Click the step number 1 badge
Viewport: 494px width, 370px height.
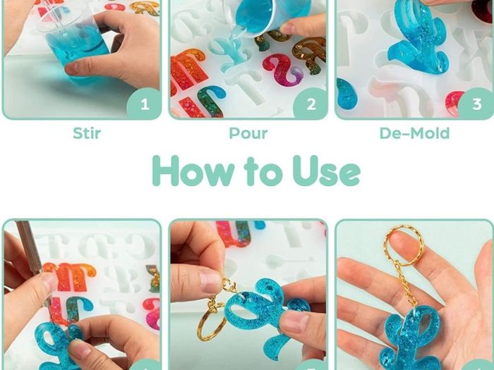pos(145,104)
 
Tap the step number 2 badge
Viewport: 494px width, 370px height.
pos(311,104)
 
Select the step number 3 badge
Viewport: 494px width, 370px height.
pos(476,104)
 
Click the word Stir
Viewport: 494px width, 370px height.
pos(87,133)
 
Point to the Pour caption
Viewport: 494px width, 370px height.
pos(248,133)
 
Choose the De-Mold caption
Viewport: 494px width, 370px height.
pos(414,133)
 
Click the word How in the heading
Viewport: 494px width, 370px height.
pos(193,171)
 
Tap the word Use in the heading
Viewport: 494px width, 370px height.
pos(326,171)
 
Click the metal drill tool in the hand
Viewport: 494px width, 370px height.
pos(32,255)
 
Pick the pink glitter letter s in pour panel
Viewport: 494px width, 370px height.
pos(282,70)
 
